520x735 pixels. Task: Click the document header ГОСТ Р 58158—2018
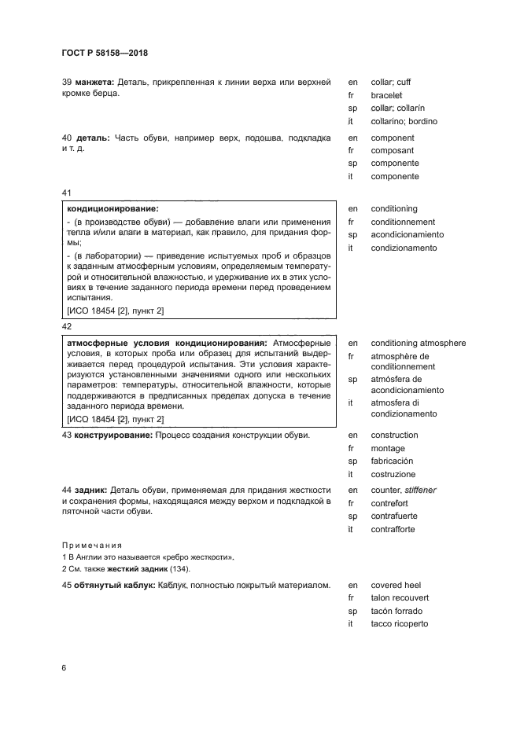(105, 53)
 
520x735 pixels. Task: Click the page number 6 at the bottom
(64, 667)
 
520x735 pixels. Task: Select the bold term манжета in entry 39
(94, 81)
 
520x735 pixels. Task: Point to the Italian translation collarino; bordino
(404, 122)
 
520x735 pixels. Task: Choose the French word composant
(393, 150)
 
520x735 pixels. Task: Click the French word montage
(388, 448)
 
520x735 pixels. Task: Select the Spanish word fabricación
(392, 461)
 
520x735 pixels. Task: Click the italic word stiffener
(420, 491)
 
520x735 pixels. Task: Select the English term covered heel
(396, 585)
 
